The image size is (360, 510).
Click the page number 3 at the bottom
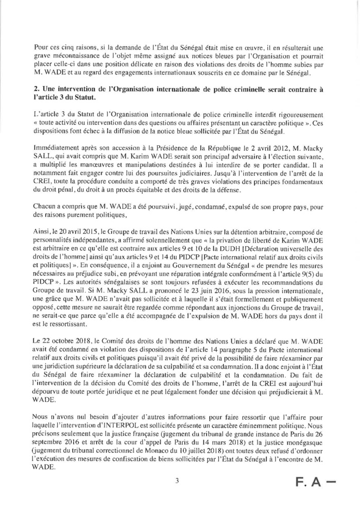(x=176, y=482)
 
